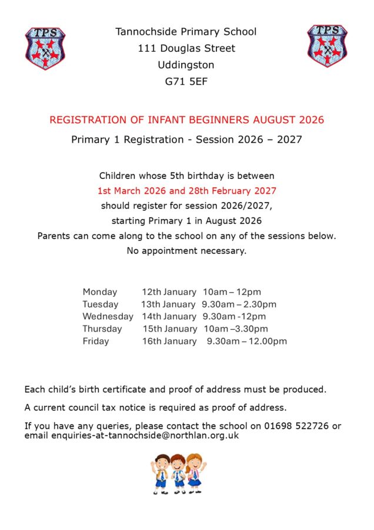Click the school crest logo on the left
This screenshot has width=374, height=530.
[x=45, y=49]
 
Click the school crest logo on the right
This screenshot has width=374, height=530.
[x=327, y=46]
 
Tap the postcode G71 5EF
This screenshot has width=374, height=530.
[x=186, y=82]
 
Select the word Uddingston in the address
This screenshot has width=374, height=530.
[x=186, y=65]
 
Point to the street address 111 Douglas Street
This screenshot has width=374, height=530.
[x=186, y=48]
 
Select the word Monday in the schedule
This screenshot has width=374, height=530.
[x=100, y=292]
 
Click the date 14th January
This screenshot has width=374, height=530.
[x=169, y=316]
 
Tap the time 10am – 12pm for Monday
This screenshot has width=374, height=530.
[x=232, y=292]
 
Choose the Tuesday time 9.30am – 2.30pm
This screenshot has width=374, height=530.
[x=239, y=304]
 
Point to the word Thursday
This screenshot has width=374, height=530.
[x=102, y=329]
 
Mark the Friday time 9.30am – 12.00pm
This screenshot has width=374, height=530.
[x=247, y=341]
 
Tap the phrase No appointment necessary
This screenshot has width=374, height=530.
[x=186, y=251]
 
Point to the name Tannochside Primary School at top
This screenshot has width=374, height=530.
[x=186, y=32]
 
